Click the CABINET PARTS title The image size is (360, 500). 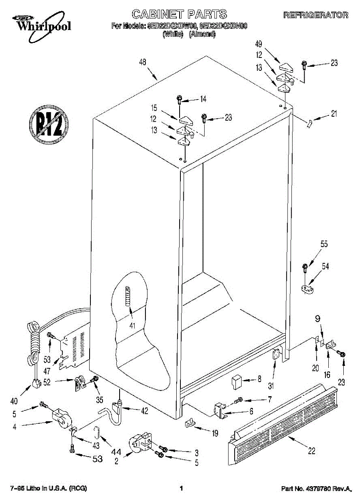pyautogui.click(x=180, y=14)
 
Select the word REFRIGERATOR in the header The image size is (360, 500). pyautogui.click(x=315, y=15)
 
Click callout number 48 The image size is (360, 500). pyautogui.click(x=142, y=63)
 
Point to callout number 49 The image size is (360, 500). pyautogui.click(x=259, y=45)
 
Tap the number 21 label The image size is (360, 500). pyautogui.click(x=333, y=113)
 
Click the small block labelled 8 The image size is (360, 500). pyautogui.click(x=236, y=380)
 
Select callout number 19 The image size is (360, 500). pyautogui.click(x=215, y=433)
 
